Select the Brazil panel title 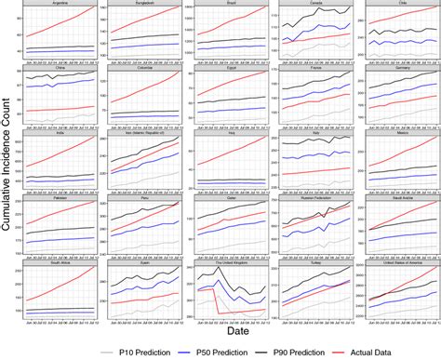click(225, 4)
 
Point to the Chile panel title click(392, 4)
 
